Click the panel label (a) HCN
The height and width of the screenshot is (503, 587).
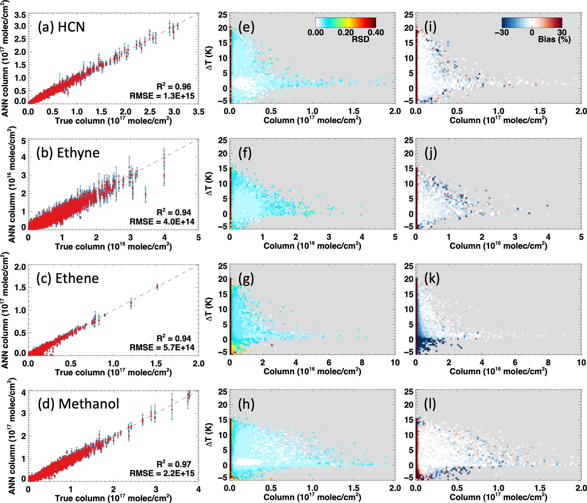coord(61,27)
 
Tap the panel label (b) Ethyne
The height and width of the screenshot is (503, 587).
coord(68,153)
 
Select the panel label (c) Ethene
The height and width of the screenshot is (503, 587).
coord(67,278)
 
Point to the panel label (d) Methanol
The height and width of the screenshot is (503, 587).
coord(78,404)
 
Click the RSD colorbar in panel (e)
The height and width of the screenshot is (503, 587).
coord(346,22)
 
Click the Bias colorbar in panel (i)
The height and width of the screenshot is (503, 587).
coord(532,22)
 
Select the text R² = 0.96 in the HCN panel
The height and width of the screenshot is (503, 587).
coord(174,87)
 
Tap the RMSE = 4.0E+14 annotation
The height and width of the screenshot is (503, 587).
coord(162,222)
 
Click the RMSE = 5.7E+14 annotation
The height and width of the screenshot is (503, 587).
coord(162,347)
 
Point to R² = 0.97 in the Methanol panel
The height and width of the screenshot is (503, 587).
coord(174,464)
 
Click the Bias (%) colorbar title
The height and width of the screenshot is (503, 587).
coord(554,40)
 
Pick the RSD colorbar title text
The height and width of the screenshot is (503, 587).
coord(361,39)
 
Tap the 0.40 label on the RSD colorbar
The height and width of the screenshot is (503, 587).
coord(376,32)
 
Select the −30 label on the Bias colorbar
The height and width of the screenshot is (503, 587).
coord(502,32)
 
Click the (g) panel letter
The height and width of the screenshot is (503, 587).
coord(246,279)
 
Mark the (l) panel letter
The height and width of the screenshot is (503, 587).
coord(430,404)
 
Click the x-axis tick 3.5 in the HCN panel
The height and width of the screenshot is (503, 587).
coord(198,112)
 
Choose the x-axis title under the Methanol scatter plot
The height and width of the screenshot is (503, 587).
coord(113,498)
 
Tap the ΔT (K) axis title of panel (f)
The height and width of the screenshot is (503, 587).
coord(209,184)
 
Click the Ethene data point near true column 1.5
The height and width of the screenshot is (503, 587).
coord(157,287)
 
